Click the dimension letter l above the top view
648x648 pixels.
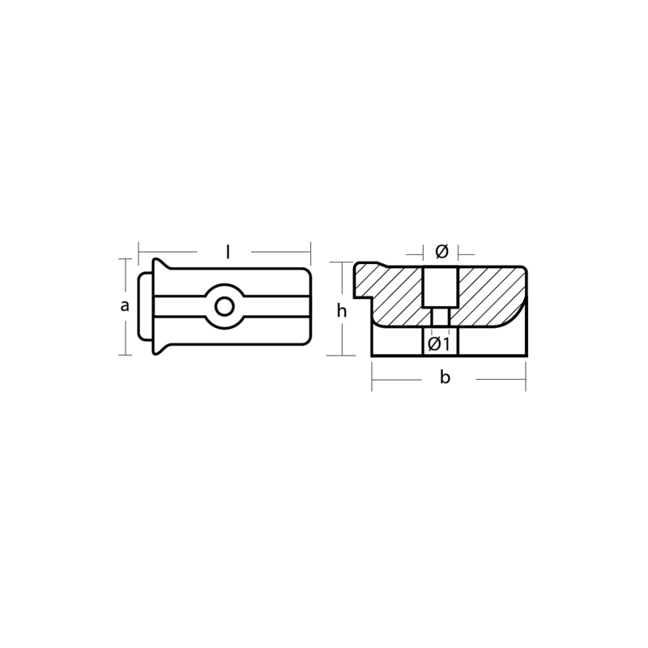(228, 252)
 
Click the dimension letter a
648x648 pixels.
(125, 306)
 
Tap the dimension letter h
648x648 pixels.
(341, 310)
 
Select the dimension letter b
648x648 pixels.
(445, 377)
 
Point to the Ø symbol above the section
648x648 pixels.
(441, 251)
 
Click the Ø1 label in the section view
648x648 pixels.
(438, 343)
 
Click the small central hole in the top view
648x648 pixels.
(225, 307)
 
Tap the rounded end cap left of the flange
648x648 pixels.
(146, 307)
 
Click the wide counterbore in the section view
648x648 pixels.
(441, 288)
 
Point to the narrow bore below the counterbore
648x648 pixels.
(441, 317)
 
